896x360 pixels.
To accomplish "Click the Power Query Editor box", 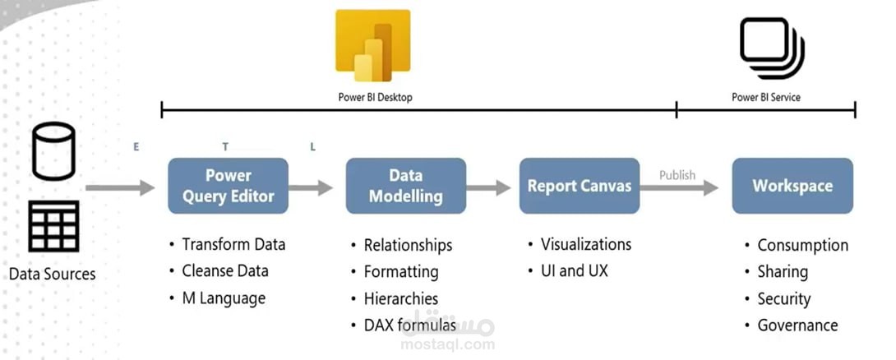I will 228,186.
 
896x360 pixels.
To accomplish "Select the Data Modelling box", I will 405,186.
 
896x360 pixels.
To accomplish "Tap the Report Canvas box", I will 580,186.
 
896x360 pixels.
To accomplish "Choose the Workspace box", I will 792,186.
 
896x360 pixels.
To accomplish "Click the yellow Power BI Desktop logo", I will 372,45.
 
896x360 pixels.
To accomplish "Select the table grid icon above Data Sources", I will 53,226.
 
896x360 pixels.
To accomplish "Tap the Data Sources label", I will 53,274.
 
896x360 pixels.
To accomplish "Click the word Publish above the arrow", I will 677,175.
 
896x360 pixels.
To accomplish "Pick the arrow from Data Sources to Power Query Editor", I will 120,188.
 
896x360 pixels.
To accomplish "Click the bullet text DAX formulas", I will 409,325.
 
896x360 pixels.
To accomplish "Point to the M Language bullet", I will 224,298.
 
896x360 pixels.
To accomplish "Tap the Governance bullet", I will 797,325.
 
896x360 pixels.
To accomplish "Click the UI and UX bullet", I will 574,270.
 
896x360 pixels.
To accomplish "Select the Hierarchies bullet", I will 401,298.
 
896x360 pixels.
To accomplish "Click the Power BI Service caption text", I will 765,97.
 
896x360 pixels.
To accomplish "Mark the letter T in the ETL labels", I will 225,146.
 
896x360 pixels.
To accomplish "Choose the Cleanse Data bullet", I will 224,270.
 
